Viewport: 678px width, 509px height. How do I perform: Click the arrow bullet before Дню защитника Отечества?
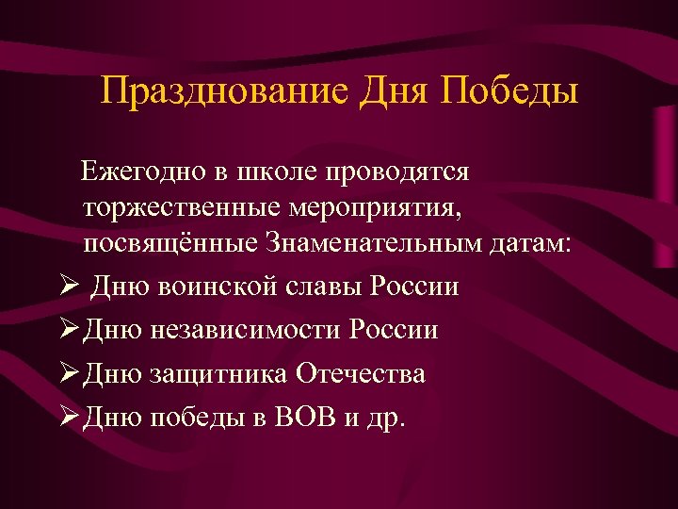(65, 374)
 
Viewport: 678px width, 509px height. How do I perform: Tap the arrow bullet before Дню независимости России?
(65, 330)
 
